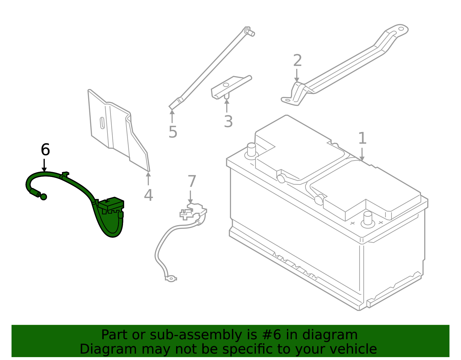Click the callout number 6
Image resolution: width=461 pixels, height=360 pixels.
coord(45,150)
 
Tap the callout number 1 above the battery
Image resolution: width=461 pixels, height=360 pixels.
coord(362,139)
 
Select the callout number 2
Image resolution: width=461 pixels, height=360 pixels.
coord(297,61)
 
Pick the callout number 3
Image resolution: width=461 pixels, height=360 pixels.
coord(228,122)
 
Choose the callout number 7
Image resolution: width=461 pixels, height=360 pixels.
coord(192,182)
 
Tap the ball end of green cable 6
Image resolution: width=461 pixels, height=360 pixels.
coord(44,197)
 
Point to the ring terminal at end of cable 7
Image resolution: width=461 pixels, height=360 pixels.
coord(171,279)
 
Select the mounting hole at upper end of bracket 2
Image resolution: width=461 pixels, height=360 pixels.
coord(401,29)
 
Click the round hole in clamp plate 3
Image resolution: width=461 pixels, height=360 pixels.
coord(226,85)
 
